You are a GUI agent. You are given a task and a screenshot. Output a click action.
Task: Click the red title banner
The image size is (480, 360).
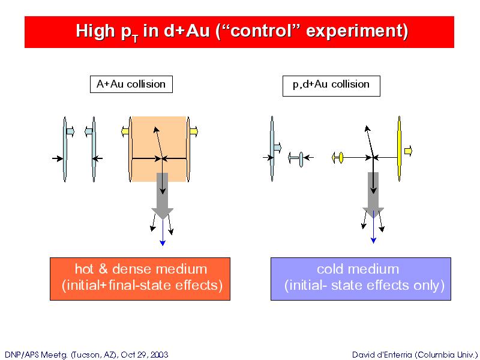(239, 32)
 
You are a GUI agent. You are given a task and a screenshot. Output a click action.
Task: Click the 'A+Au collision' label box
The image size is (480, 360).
(131, 84)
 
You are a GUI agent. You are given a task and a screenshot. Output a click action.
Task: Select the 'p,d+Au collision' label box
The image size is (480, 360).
(331, 86)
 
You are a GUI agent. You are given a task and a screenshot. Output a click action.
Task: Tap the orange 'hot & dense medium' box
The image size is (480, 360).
(140, 279)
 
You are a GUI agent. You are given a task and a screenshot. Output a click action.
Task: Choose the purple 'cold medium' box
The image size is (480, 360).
(361, 279)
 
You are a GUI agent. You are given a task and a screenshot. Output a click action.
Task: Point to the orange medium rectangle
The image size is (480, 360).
(159, 149)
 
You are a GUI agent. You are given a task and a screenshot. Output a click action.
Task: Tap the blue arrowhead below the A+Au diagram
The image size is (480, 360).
(163, 243)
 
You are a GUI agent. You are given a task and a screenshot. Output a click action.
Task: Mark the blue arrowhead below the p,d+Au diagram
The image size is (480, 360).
(373, 241)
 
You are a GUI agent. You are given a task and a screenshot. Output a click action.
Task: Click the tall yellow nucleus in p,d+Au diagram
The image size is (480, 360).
(399, 149)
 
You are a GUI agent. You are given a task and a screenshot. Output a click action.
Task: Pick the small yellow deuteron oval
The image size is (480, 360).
(341, 158)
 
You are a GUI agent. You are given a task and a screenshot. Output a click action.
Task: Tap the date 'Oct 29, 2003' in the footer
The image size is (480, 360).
(145, 355)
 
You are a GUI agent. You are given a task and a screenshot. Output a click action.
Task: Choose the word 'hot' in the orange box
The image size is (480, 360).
(84, 269)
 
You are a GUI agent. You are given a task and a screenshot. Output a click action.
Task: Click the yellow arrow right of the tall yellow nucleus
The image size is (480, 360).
(408, 151)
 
